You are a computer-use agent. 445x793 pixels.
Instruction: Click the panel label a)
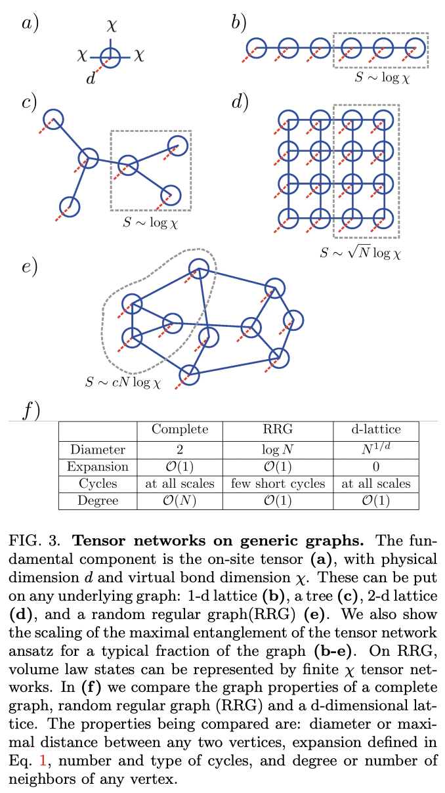30,24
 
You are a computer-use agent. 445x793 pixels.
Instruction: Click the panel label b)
238,24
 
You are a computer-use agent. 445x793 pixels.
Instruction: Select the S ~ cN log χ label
123,381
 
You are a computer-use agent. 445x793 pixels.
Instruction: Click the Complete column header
180,429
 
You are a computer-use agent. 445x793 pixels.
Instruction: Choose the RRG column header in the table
278,429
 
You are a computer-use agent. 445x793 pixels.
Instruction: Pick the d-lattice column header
376,429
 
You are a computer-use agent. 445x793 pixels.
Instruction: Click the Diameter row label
97,450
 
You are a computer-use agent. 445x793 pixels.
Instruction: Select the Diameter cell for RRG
278,450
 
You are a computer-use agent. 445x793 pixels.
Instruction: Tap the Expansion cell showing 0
376,467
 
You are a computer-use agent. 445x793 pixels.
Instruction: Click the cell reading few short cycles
278,484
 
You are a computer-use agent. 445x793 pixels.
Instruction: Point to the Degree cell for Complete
180,501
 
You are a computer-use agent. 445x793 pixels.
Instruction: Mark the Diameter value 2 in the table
180,450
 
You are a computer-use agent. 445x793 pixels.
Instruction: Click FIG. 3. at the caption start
37,542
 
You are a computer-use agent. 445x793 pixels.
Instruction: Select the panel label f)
30,412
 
